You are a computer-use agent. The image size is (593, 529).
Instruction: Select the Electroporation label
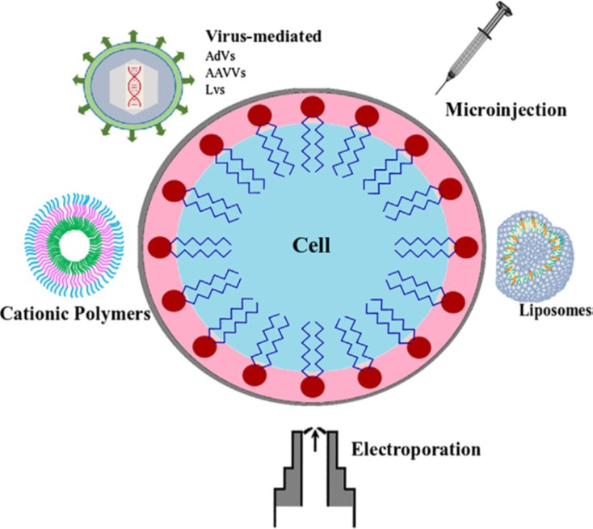(417, 448)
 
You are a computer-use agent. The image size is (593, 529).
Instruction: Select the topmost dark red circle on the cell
(312, 106)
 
